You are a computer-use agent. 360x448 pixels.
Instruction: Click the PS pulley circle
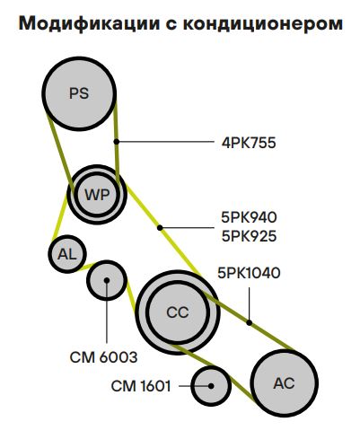coord(79,93)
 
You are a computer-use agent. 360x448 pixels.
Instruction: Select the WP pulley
coord(97,195)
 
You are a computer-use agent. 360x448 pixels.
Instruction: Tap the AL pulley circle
coord(67,254)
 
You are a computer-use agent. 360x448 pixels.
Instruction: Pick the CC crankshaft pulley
coord(178,312)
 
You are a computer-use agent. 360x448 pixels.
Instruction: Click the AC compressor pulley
coord(285,383)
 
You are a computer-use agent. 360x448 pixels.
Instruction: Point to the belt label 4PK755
coord(249,143)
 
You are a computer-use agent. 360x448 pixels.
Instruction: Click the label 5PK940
coord(249,217)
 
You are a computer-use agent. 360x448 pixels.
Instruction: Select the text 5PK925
coord(249,236)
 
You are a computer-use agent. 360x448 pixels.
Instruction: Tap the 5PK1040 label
coord(249,273)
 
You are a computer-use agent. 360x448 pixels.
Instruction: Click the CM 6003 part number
coord(103,357)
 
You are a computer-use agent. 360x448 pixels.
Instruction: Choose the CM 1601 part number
coord(141,386)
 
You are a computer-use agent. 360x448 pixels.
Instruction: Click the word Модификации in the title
coord(89,23)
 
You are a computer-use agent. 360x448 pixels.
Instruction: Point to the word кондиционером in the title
coord(263,24)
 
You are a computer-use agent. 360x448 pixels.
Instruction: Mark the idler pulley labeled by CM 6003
coord(107,280)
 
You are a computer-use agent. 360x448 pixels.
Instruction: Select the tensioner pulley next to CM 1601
coord(211,386)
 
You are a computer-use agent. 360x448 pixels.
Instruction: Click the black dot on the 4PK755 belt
coord(117,142)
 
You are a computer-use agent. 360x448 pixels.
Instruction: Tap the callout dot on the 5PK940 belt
coord(160,228)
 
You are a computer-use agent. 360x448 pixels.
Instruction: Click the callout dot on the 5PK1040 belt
coord(250,322)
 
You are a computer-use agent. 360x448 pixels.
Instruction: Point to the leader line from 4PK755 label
coord(165,142)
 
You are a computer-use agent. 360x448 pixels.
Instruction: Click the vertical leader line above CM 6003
coord(107,312)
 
